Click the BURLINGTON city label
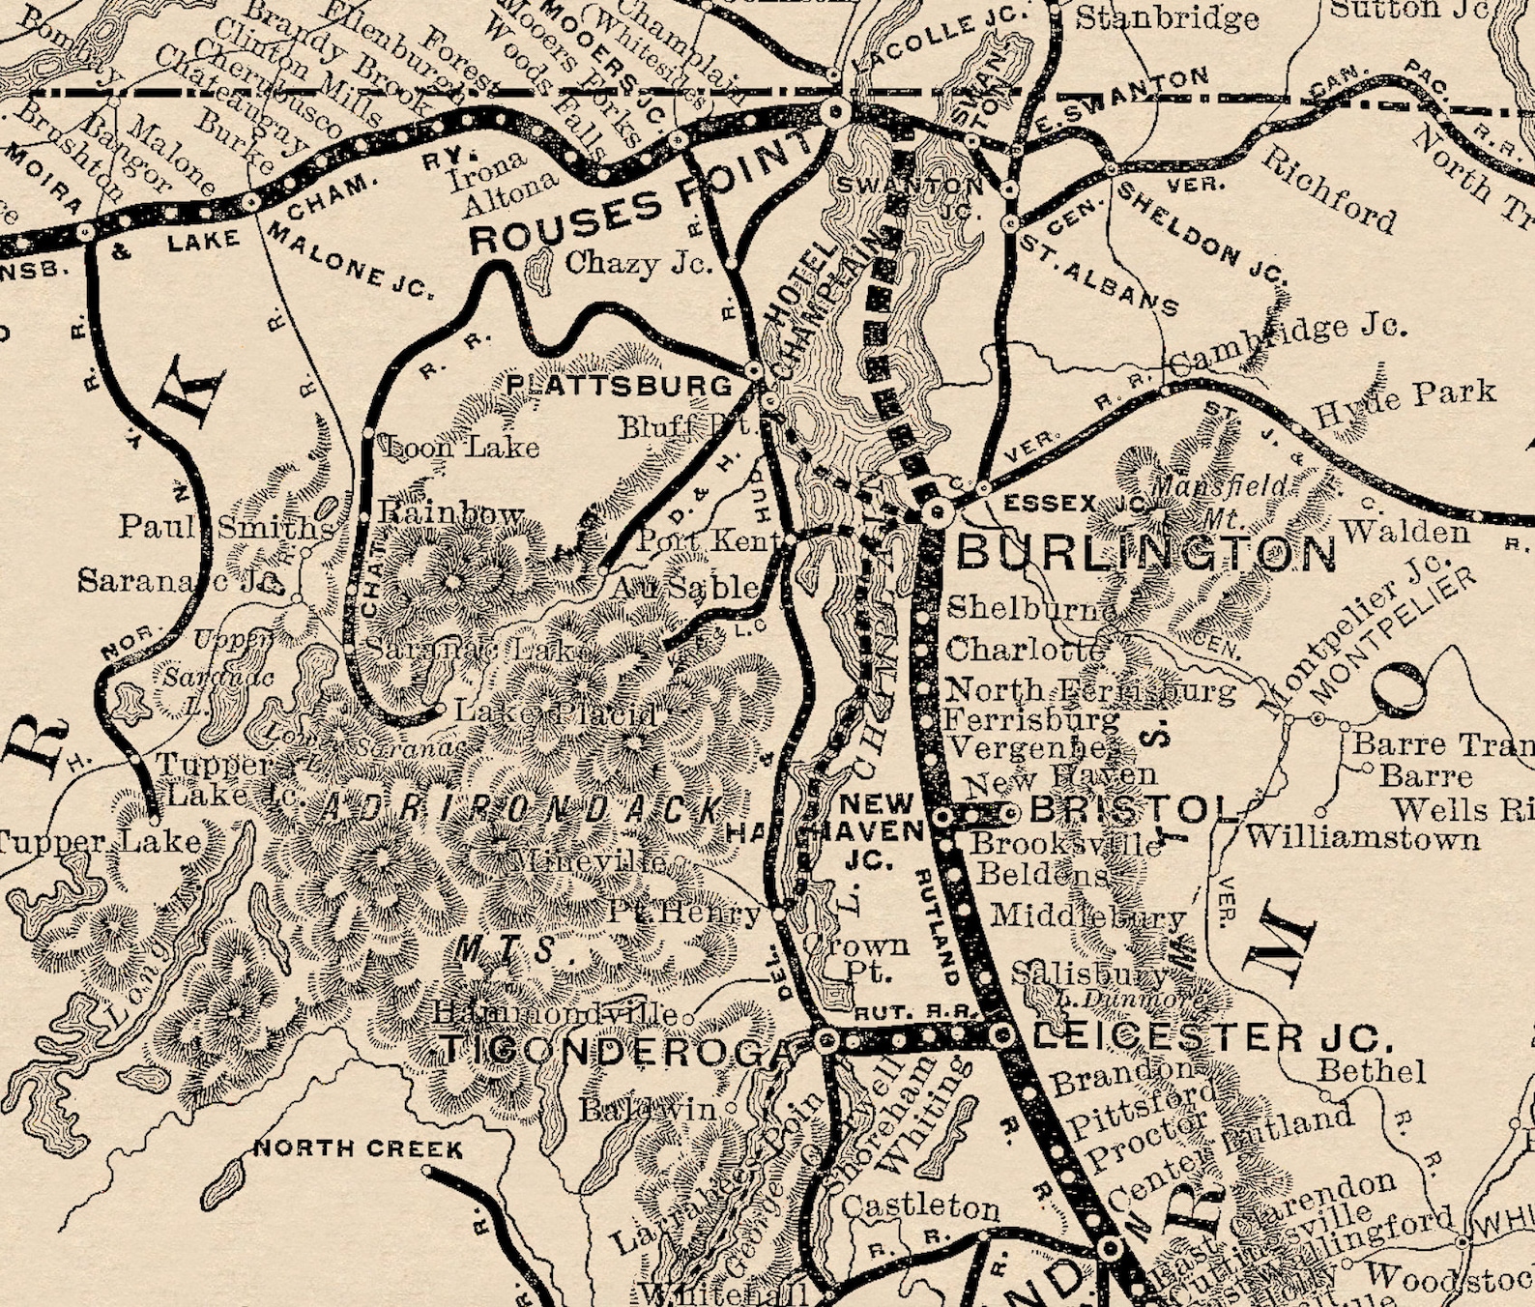point(1145,553)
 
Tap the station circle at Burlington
point(935,512)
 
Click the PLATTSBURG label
point(620,386)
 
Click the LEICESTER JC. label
point(1213,1038)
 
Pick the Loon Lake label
point(462,447)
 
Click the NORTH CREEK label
point(358,1149)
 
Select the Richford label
point(1328,191)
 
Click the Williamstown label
point(1363,836)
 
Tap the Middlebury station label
point(1088,915)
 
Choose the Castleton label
point(920,1206)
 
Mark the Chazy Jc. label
point(638,263)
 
